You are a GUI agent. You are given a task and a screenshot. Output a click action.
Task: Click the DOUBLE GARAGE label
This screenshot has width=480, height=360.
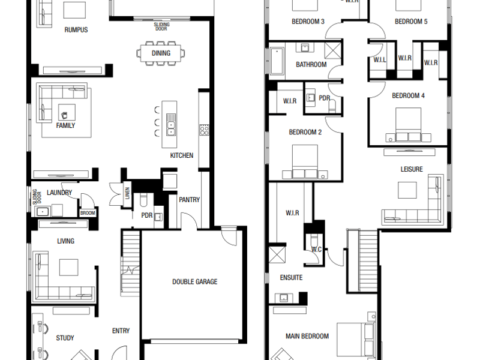click(x=194, y=281)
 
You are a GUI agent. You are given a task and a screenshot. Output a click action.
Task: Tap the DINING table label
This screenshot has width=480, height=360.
click(x=161, y=53)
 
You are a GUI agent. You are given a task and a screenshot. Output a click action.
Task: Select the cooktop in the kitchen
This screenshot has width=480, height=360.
click(x=204, y=130)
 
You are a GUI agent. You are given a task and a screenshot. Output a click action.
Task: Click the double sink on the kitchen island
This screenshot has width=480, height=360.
click(x=171, y=124)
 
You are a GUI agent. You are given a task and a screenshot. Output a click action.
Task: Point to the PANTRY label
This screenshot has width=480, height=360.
click(x=189, y=200)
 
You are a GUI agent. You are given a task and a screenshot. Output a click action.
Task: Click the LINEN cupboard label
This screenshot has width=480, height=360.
click(x=127, y=193)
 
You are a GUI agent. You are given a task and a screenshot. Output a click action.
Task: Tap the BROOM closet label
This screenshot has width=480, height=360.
click(x=88, y=213)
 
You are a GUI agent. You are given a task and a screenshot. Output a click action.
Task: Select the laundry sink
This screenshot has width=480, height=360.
click(x=43, y=212)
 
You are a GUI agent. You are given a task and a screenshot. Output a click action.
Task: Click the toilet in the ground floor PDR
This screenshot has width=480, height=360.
click(x=143, y=200)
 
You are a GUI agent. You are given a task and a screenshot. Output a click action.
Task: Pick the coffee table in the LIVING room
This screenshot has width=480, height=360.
click(x=68, y=267)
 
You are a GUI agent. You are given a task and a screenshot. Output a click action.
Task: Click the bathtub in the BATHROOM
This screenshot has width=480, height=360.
click(x=277, y=61)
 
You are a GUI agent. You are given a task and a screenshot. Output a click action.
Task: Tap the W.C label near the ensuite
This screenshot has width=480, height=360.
click(x=317, y=250)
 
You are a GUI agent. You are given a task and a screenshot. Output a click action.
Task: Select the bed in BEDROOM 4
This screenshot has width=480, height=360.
click(x=408, y=124)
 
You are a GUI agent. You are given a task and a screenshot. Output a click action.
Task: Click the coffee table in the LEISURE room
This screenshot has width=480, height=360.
click(x=407, y=190)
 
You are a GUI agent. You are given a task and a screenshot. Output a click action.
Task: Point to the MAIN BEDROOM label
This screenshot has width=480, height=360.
click(x=307, y=336)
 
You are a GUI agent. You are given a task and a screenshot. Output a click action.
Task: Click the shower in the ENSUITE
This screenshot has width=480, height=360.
click(x=277, y=254)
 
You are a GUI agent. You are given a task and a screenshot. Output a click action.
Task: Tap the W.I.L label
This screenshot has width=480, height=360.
click(x=380, y=60)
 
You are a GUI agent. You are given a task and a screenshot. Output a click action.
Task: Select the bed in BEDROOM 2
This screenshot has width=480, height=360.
click(x=305, y=161)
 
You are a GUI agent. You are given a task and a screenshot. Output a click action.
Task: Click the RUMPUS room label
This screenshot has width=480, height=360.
click(x=76, y=30)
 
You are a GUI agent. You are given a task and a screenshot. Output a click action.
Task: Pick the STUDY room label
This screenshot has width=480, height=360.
click(x=65, y=338)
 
